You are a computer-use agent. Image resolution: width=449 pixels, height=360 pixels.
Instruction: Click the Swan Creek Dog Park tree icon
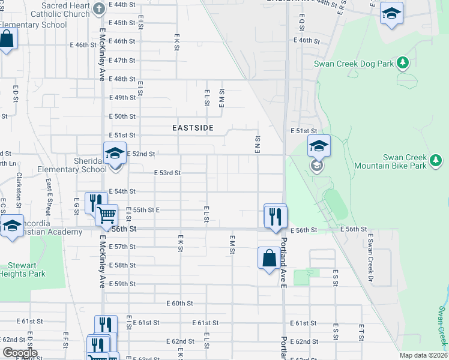(404, 62)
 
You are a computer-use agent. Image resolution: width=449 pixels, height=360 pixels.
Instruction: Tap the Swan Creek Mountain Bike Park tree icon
(436, 160)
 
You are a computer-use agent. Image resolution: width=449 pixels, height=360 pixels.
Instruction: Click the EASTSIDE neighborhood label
(193, 128)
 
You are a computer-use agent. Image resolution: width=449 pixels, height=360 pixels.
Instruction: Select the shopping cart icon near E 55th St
(106, 214)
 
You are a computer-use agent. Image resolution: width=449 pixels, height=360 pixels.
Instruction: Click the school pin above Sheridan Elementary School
(115, 152)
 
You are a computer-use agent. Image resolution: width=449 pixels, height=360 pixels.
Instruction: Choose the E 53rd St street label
(167, 173)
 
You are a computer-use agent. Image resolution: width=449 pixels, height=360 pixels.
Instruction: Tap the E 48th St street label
(122, 79)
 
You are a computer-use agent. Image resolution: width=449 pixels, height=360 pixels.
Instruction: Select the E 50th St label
(122, 116)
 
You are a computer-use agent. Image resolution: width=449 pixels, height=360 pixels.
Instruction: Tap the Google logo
(20, 353)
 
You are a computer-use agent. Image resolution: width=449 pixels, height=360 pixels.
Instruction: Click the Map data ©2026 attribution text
(423, 355)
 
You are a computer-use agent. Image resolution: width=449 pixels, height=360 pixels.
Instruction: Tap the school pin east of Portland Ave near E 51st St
(319, 146)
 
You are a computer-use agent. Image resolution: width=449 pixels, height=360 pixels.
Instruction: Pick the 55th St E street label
(146, 210)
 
